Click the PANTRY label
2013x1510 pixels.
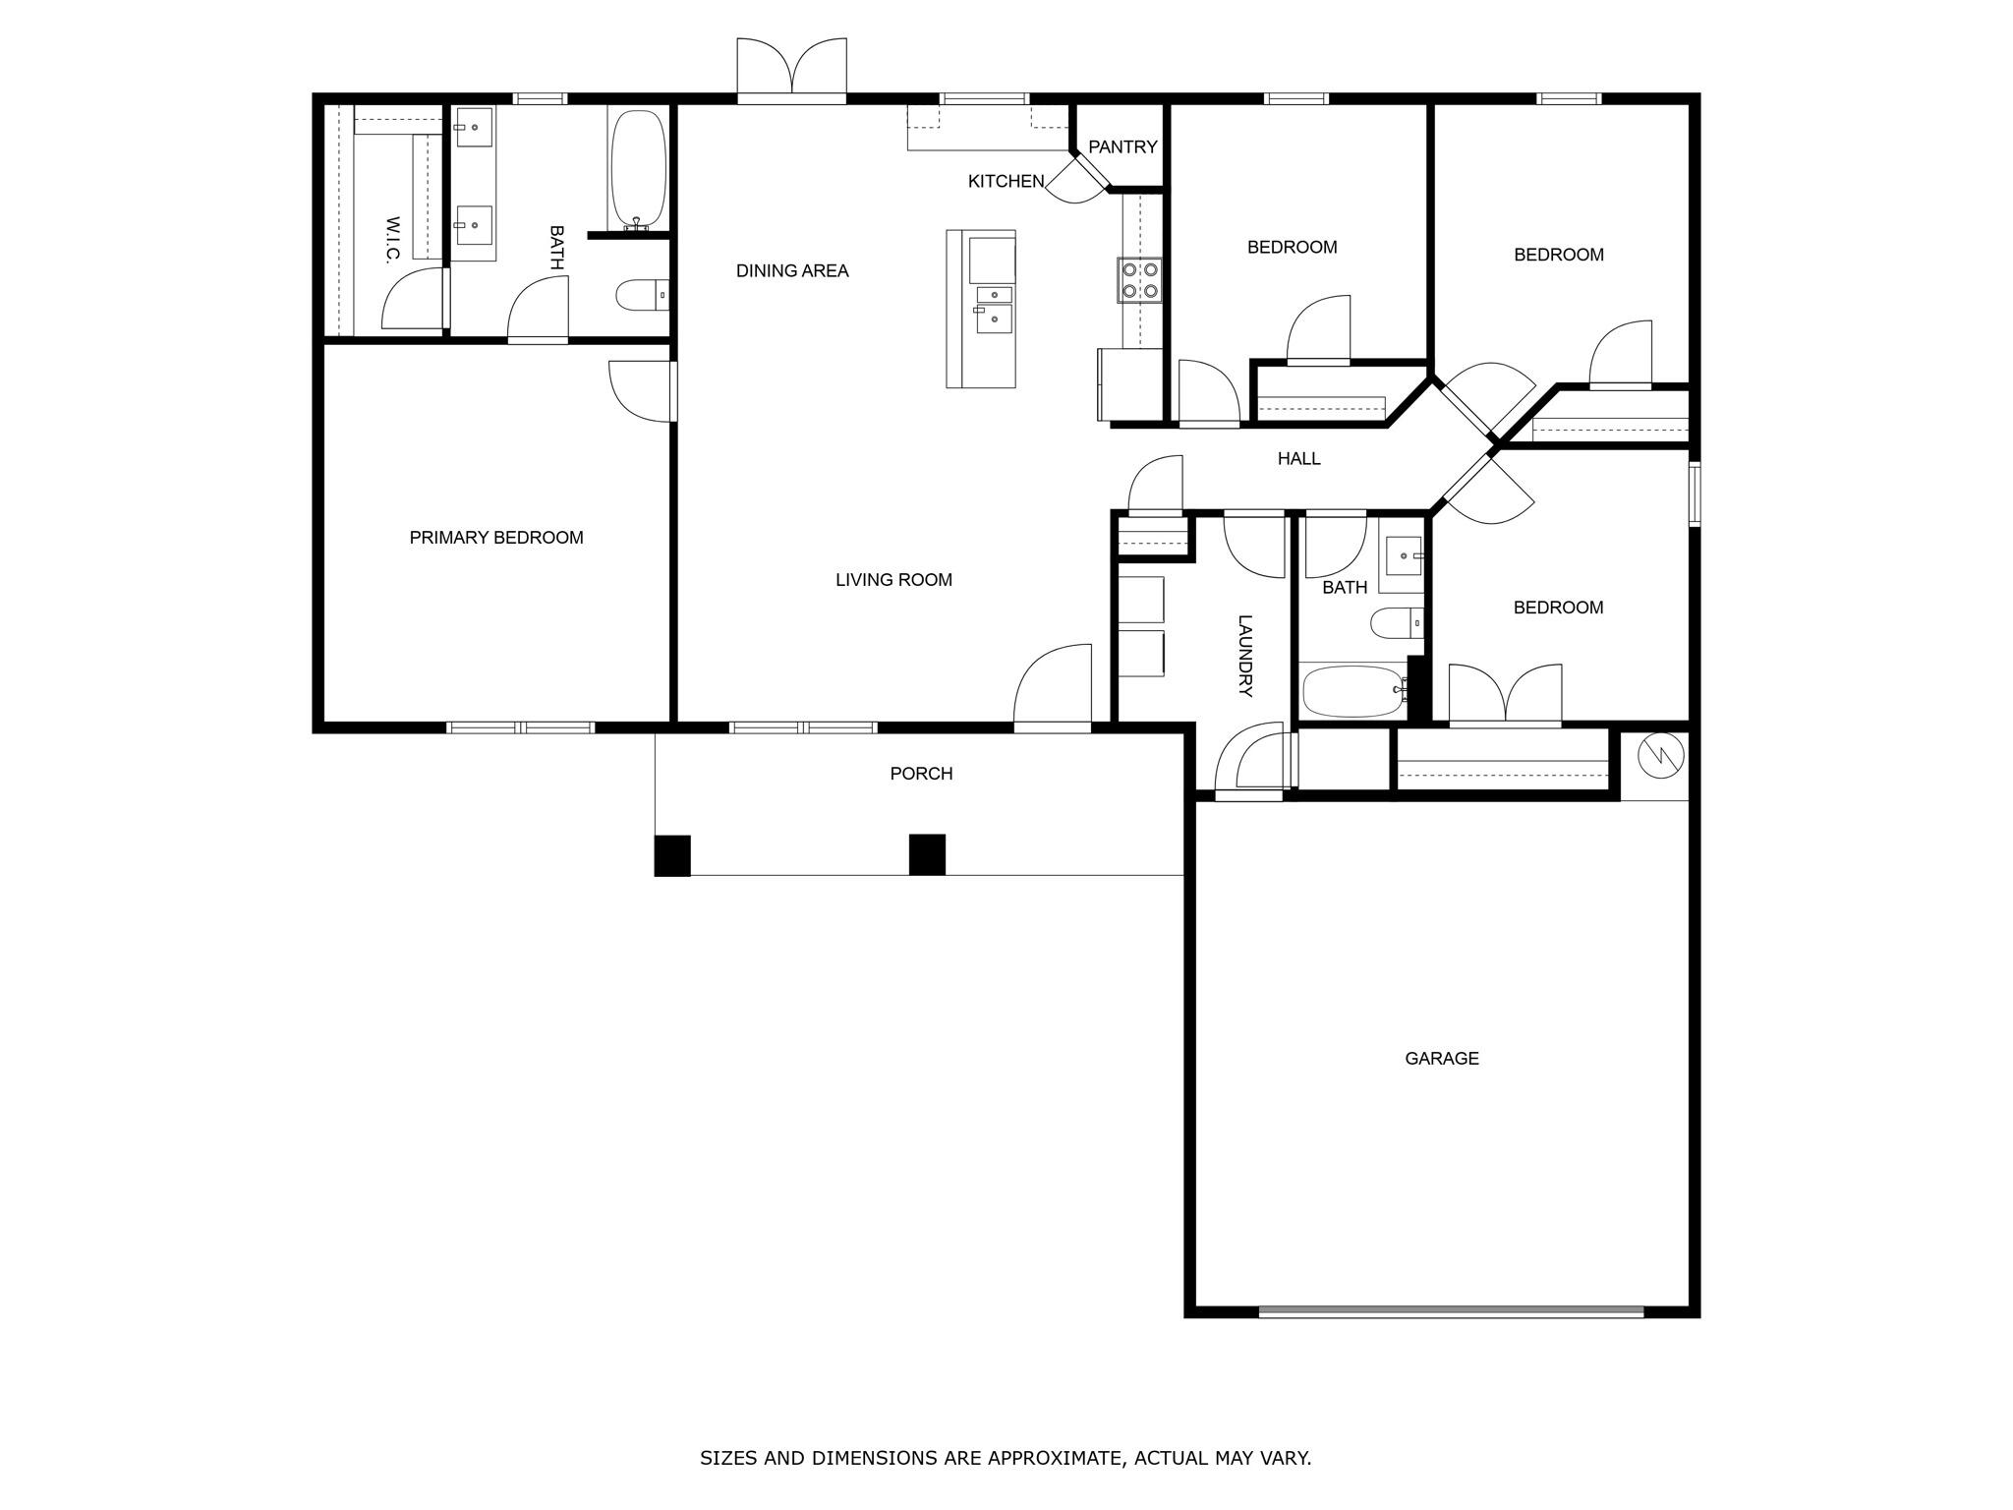point(1122,146)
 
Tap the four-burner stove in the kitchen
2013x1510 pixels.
point(1139,279)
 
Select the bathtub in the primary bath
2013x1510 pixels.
point(638,169)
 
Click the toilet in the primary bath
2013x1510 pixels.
point(641,295)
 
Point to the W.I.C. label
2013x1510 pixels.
point(392,240)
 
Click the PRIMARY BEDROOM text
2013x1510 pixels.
point(496,538)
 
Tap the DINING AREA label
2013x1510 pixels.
point(792,271)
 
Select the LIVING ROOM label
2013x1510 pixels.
point(893,580)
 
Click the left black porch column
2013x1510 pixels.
point(672,855)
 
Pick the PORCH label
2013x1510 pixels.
point(921,774)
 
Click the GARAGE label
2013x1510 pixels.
point(1441,1059)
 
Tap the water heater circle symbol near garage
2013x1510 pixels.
point(1661,755)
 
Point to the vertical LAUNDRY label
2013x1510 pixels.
point(1244,656)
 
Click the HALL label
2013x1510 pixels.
point(1298,459)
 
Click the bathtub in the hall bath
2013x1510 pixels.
point(1352,692)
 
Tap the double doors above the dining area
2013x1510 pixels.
point(791,71)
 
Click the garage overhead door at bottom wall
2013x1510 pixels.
point(1451,1311)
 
